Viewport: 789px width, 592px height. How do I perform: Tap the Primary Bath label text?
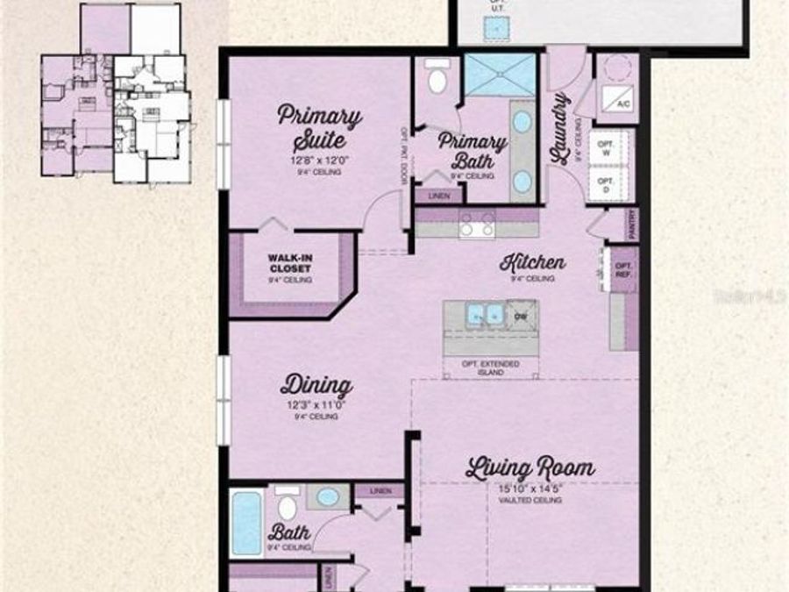pyautogui.click(x=472, y=150)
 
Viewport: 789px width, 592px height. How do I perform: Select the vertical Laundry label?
pyautogui.click(x=560, y=127)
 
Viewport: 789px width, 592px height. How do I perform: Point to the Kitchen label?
pyautogui.click(x=532, y=262)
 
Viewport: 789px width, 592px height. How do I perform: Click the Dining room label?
pyautogui.click(x=316, y=385)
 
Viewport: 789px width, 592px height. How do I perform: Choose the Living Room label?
pyautogui.click(x=530, y=467)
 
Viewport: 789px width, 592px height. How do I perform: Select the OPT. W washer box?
pyautogui.click(x=604, y=148)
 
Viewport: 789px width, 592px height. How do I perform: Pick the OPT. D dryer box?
pyautogui.click(x=604, y=186)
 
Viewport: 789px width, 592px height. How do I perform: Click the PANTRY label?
pyautogui.click(x=632, y=224)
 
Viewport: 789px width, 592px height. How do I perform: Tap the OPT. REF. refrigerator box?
pyautogui.click(x=624, y=270)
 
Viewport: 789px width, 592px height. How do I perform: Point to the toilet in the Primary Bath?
pyautogui.click(x=436, y=79)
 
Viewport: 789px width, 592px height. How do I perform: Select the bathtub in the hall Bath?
pyautogui.click(x=247, y=523)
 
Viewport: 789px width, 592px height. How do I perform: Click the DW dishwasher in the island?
pyautogui.click(x=521, y=317)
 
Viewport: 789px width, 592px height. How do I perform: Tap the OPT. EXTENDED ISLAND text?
pyautogui.click(x=491, y=367)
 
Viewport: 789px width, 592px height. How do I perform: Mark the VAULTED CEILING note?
pyautogui.click(x=530, y=500)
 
